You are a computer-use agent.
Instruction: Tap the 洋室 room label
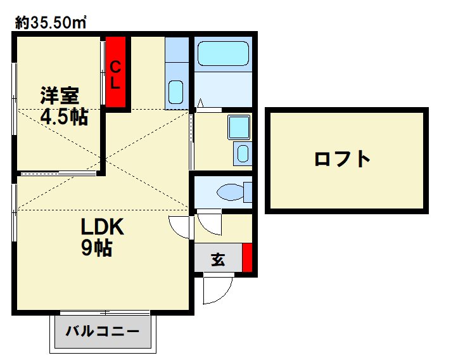click(x=60, y=96)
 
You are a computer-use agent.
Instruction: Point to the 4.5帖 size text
click(x=64, y=117)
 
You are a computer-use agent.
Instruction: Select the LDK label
click(x=104, y=226)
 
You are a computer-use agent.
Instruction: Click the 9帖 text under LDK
click(x=97, y=248)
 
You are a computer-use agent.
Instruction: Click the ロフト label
click(x=343, y=158)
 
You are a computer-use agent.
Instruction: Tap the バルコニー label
click(x=102, y=331)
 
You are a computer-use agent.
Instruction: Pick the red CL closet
click(x=116, y=73)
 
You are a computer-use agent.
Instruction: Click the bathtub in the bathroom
click(x=222, y=54)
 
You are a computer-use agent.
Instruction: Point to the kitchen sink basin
click(x=176, y=93)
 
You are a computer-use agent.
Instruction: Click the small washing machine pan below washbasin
click(x=242, y=153)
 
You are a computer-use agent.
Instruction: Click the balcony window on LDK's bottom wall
click(x=105, y=312)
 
